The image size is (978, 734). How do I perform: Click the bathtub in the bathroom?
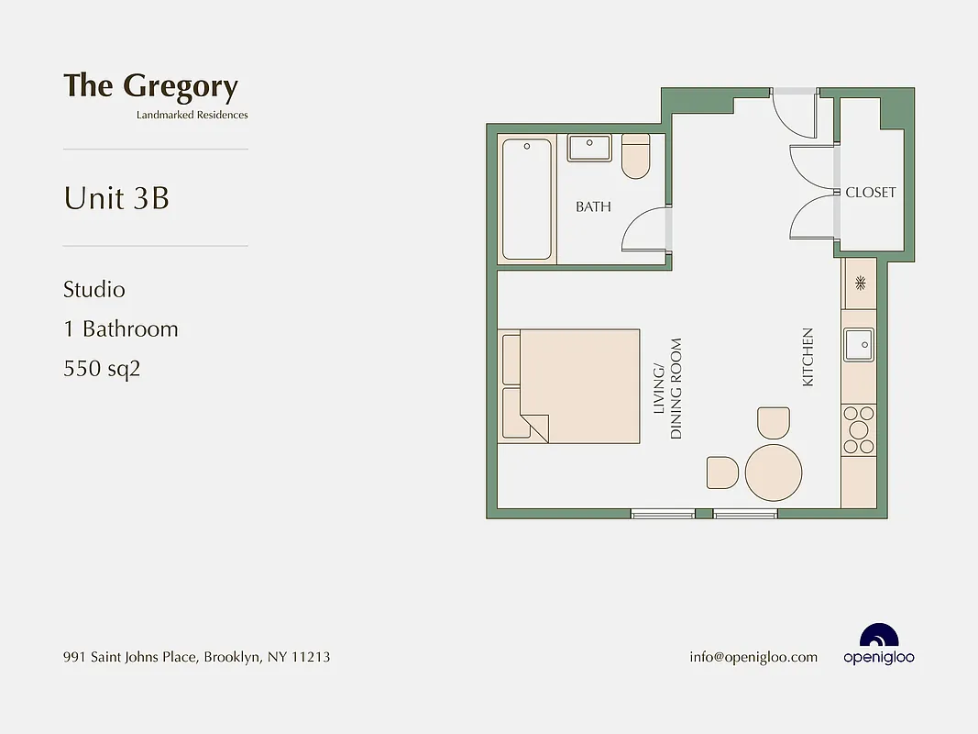click(527, 199)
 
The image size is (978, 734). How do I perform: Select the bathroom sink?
click(589, 148)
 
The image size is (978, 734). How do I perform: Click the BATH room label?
click(593, 206)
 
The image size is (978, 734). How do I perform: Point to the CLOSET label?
click(870, 193)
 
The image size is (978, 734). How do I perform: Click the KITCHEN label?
click(808, 357)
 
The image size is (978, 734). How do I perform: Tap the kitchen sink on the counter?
click(859, 346)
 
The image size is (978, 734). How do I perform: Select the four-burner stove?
click(859, 429)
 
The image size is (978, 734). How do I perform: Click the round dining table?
click(773, 472)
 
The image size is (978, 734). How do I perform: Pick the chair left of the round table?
click(722, 473)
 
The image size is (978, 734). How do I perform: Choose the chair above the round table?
click(773, 423)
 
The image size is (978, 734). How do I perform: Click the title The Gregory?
click(150, 86)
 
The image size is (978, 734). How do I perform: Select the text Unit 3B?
click(116, 198)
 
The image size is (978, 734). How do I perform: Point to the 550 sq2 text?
click(102, 369)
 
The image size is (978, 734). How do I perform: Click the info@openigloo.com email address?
click(753, 657)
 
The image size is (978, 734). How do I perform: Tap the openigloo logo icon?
click(878, 637)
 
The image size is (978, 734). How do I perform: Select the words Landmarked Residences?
click(192, 115)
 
